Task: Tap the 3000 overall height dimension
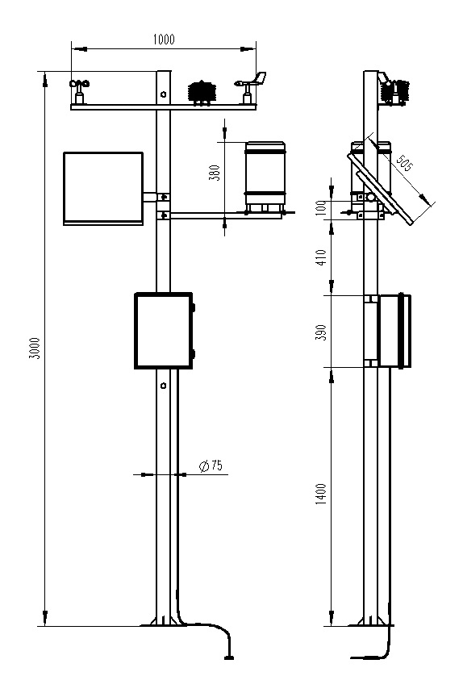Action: click(x=33, y=347)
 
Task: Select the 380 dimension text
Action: click(x=215, y=173)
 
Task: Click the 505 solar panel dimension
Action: click(x=404, y=165)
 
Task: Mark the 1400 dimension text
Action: click(x=321, y=494)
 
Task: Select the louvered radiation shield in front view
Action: click(x=200, y=92)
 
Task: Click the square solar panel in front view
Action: click(x=102, y=187)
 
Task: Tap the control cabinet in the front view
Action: click(x=163, y=331)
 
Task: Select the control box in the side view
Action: click(x=394, y=331)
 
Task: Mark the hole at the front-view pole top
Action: click(x=164, y=94)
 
